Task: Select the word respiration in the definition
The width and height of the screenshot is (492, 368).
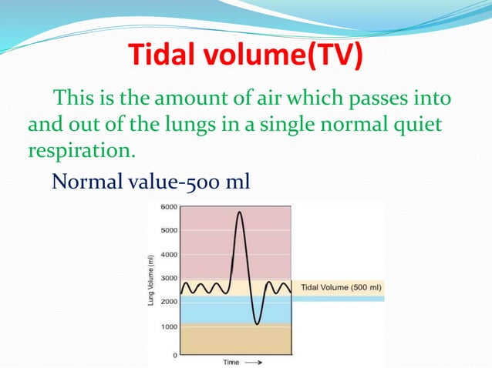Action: [80, 149]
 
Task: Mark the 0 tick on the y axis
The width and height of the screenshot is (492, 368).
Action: [175, 355]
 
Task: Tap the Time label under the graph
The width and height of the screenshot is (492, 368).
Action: [231, 361]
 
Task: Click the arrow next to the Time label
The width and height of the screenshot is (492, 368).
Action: [254, 361]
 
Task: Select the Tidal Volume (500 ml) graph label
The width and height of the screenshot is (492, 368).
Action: [340, 288]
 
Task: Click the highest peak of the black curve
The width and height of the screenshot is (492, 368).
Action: [240, 212]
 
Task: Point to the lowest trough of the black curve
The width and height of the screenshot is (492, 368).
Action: [257, 324]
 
